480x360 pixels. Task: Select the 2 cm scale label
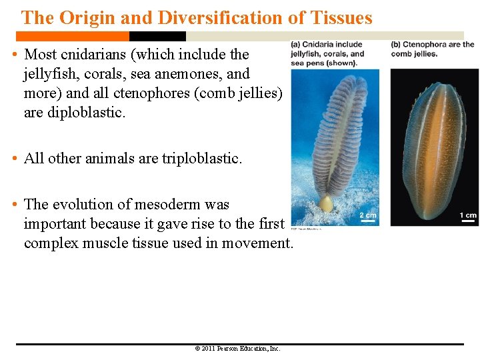coord(367,215)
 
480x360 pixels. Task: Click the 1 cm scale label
coord(467,215)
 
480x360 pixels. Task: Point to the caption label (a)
coord(296,45)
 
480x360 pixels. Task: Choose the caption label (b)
coord(396,45)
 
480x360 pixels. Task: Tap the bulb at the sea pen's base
coord(325,203)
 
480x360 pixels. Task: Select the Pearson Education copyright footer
coord(237,349)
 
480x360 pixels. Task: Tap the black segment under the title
coord(157,37)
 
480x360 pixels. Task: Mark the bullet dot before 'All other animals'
coord(15,159)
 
